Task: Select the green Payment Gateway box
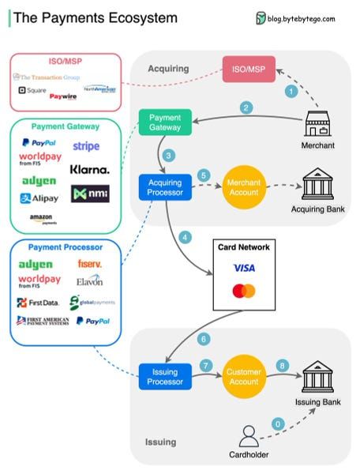[165, 122]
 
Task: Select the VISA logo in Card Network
[244, 269]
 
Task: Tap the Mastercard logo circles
[244, 292]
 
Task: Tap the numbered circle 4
[185, 236]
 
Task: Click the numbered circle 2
[247, 107]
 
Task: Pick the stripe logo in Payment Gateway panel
[86, 146]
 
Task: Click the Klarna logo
[89, 169]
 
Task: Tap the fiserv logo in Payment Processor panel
[89, 263]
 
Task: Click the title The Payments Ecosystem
[96, 17]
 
